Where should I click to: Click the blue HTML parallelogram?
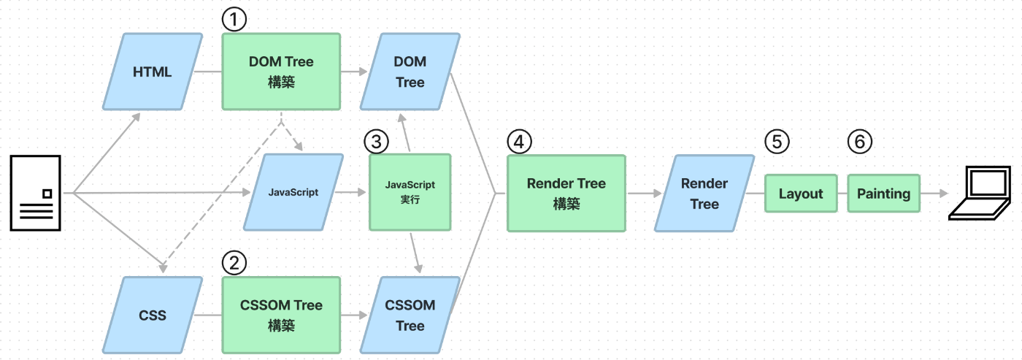[x=153, y=72]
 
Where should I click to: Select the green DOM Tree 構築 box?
[x=281, y=72]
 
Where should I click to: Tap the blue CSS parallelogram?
[x=153, y=315]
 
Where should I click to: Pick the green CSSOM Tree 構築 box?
[x=281, y=315]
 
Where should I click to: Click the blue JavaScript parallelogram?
[x=293, y=192]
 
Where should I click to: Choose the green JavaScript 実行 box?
[x=410, y=192]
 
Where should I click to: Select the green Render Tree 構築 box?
[x=566, y=194]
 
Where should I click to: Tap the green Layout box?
[x=801, y=194]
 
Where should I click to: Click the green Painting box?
[x=884, y=194]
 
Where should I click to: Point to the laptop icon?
[x=980, y=194]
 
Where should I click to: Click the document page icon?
[x=36, y=193]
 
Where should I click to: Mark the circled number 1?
[x=234, y=19]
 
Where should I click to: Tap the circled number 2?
[x=234, y=263]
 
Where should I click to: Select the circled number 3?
[x=377, y=142]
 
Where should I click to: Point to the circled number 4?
[x=519, y=142]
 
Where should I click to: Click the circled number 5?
[x=777, y=142]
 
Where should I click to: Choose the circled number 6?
[x=860, y=142]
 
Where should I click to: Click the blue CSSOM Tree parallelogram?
[x=410, y=315]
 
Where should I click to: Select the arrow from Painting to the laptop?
[x=934, y=194]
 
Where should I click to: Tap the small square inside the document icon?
[x=47, y=194]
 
